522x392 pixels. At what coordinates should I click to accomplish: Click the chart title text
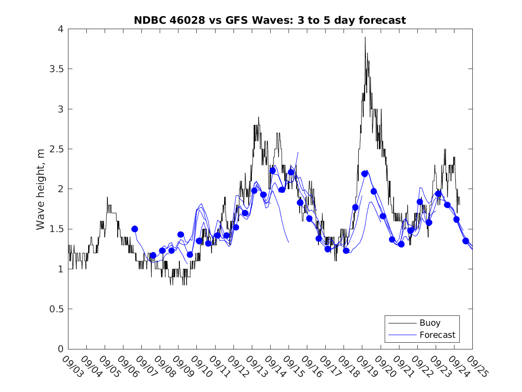(x=270, y=20)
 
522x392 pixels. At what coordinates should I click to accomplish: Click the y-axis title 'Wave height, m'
(x=41, y=189)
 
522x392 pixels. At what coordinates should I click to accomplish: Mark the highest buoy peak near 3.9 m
(x=365, y=38)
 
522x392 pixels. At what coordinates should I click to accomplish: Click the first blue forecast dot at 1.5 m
(x=135, y=229)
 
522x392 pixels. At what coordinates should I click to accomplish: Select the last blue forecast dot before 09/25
(x=466, y=241)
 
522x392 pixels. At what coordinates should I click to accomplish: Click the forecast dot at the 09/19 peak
(x=365, y=174)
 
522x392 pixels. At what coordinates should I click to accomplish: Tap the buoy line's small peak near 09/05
(x=107, y=198)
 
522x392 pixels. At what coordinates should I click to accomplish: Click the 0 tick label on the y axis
(x=60, y=349)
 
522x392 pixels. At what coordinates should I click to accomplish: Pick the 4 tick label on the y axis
(x=60, y=29)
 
